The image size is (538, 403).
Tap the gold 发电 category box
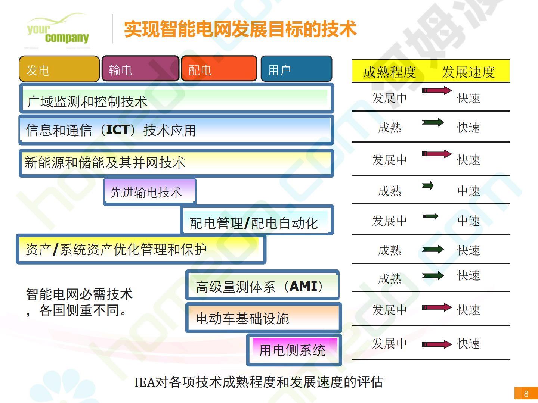[59, 69]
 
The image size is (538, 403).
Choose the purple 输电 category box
[140, 69]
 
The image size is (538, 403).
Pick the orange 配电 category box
[219, 69]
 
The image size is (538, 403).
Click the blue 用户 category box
[296, 69]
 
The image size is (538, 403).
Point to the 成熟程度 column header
[389, 72]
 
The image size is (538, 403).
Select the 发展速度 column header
[469, 72]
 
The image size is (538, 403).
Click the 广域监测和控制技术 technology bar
[176, 99]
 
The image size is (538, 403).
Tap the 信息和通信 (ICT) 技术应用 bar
[176, 130]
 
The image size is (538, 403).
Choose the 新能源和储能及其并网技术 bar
[176, 163]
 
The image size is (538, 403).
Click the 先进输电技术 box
[150, 192]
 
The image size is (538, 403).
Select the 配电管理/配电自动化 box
[257, 220]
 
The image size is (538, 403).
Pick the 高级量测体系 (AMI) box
[262, 285]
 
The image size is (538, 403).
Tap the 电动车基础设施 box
[263, 318]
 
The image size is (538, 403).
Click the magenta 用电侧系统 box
[294, 350]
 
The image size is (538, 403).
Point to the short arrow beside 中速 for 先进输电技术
[428, 186]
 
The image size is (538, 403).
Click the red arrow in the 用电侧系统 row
[437, 344]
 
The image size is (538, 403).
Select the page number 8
[526, 394]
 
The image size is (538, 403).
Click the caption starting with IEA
[259, 382]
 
